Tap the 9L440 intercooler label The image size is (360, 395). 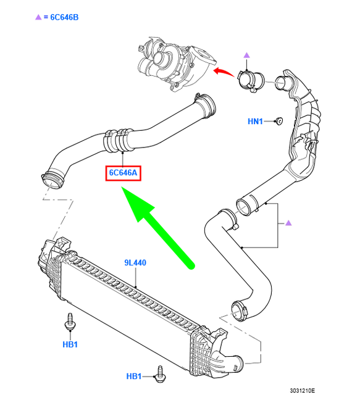coord(135,263)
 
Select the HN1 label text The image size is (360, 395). coord(256,122)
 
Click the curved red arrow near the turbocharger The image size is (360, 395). coord(223,73)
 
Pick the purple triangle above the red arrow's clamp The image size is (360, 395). coord(246,56)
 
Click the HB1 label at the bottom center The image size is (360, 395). coord(135,376)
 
